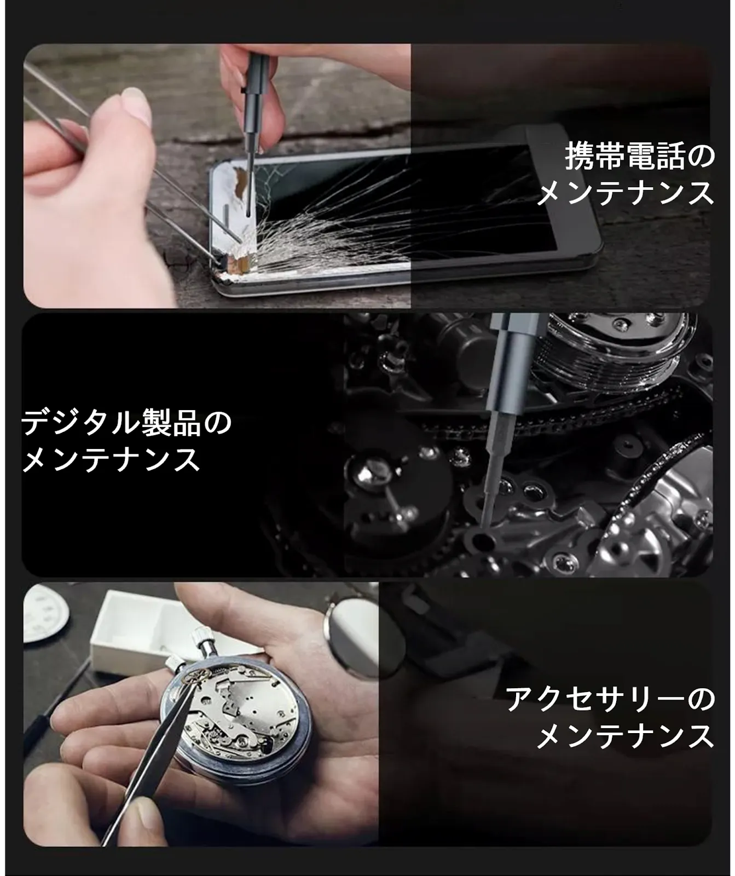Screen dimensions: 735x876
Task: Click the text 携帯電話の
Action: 640,156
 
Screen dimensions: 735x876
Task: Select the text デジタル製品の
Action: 126,422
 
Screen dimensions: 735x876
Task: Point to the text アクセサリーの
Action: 610,699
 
